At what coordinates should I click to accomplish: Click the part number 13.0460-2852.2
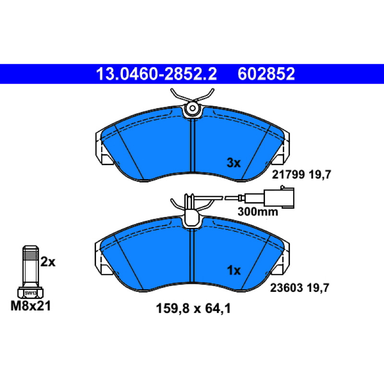pyautogui.click(x=156, y=74)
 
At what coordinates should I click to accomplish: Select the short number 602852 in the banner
pyautogui.click(x=266, y=74)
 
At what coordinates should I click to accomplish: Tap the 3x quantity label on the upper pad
pyautogui.click(x=234, y=163)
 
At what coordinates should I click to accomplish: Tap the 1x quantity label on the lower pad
pyautogui.click(x=234, y=271)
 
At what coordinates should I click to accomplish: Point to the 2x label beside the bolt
pyautogui.click(x=48, y=262)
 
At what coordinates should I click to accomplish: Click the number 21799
pyautogui.click(x=288, y=175)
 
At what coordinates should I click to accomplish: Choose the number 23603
pyautogui.click(x=287, y=288)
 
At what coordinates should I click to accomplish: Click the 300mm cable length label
pyautogui.click(x=258, y=212)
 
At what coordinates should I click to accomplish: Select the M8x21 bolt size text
pyautogui.click(x=31, y=306)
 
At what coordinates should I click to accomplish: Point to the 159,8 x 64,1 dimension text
pyautogui.click(x=193, y=309)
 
